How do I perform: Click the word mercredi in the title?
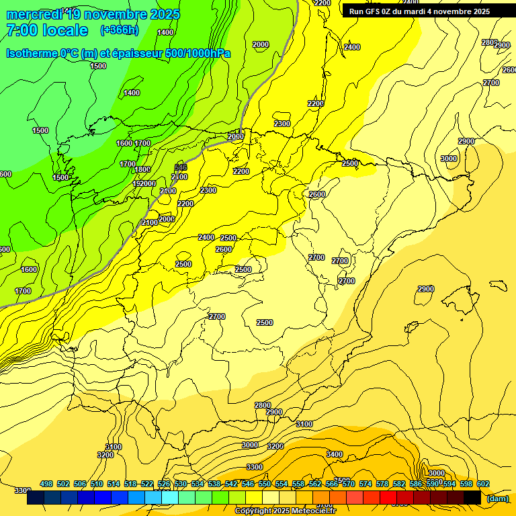point(34,14)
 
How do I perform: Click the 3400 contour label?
point(335,455)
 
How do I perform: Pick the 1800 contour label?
point(142,170)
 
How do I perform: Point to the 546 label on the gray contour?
point(181,167)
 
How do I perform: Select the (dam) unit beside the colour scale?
point(497,499)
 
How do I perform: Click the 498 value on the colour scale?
point(46,484)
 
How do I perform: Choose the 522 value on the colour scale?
point(147,484)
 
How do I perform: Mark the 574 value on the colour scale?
point(365,484)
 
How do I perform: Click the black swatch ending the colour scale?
point(472,497)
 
